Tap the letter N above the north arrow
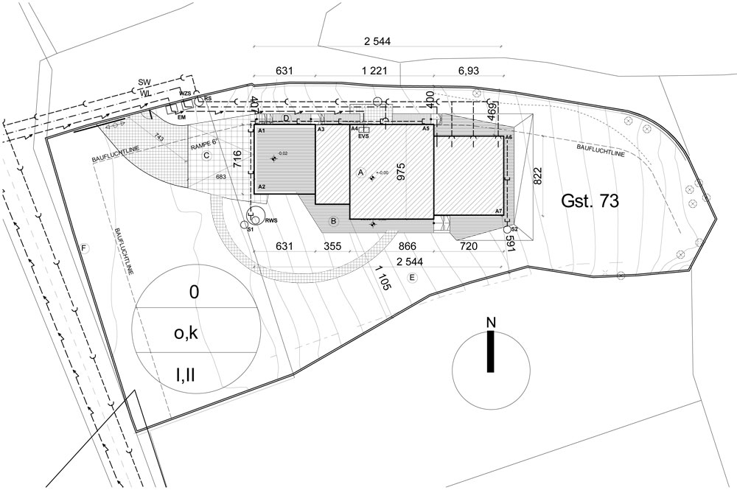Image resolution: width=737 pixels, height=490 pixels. coord(489,323)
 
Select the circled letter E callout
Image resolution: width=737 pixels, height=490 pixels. coord(413,277)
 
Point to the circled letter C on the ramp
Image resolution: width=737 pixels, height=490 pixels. coord(207,155)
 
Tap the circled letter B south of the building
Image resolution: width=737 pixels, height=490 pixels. coord(333,220)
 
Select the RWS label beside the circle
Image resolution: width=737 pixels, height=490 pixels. coord(271,220)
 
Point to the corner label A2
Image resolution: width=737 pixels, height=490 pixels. coord(262,187)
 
